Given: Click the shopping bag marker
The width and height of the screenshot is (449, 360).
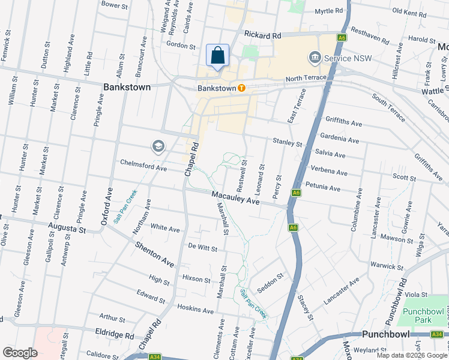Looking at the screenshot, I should (x=217, y=55).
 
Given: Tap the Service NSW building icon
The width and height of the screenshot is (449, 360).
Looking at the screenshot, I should (x=314, y=58).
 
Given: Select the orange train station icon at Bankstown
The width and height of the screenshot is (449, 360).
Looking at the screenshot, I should (x=241, y=88).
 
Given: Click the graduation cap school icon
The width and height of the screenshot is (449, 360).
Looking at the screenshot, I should (x=158, y=146).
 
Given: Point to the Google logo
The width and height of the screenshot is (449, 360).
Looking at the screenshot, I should (x=20, y=353).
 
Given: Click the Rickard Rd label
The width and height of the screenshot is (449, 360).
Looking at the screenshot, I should (x=263, y=36).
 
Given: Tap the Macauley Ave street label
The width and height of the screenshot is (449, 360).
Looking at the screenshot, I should (x=235, y=198).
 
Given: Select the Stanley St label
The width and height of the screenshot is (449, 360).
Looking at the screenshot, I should (x=288, y=142).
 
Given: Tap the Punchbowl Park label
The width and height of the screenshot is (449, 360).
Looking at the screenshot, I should (x=417, y=316).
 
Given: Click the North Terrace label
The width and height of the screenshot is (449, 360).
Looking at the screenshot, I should (x=306, y=78).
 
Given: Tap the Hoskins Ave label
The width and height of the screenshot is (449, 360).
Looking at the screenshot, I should (x=196, y=310).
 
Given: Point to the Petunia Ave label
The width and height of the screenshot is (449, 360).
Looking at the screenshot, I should (x=323, y=187).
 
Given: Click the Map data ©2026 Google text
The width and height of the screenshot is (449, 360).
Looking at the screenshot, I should (x=411, y=355).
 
